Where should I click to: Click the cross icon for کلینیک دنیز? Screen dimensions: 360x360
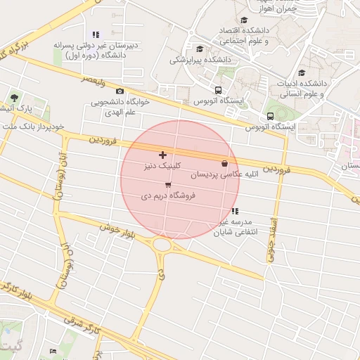(163, 155)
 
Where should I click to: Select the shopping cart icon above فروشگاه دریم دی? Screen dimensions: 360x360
(167, 186)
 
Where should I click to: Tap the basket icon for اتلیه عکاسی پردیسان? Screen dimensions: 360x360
(224, 163)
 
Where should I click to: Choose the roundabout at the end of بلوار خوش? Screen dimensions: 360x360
(163, 245)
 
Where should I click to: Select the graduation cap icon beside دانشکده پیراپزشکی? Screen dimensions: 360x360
(200, 49)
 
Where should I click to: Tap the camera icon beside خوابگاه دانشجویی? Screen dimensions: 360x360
(120, 91)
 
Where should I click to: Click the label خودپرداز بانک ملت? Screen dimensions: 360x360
(33, 127)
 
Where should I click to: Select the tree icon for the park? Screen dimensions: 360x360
(15, 98)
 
